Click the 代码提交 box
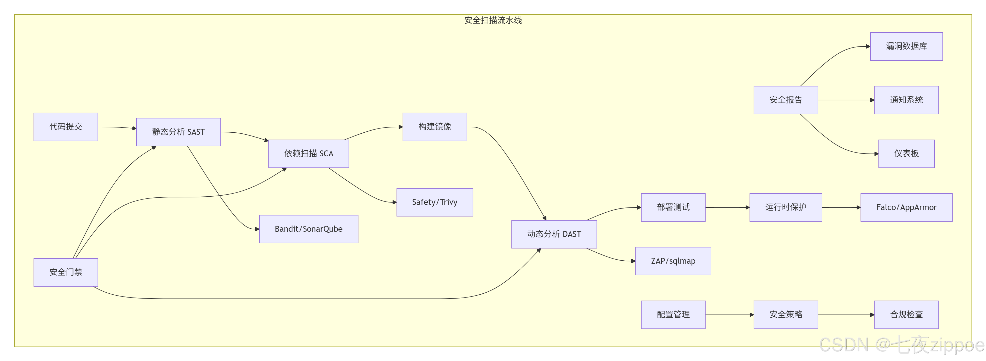click(x=66, y=127)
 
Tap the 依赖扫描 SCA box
click(x=308, y=154)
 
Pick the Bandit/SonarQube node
click(x=308, y=229)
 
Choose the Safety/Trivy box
click(x=434, y=202)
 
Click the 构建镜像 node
click(x=434, y=127)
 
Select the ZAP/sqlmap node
click(x=673, y=261)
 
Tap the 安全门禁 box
click(x=66, y=272)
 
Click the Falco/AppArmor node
click(x=906, y=207)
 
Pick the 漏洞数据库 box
click(x=906, y=46)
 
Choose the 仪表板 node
click(x=906, y=154)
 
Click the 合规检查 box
click(x=906, y=315)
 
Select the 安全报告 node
click(x=785, y=100)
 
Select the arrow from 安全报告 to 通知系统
click(x=846, y=100)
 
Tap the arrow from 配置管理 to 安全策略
click(x=729, y=315)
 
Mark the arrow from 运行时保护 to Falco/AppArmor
click(x=841, y=207)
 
